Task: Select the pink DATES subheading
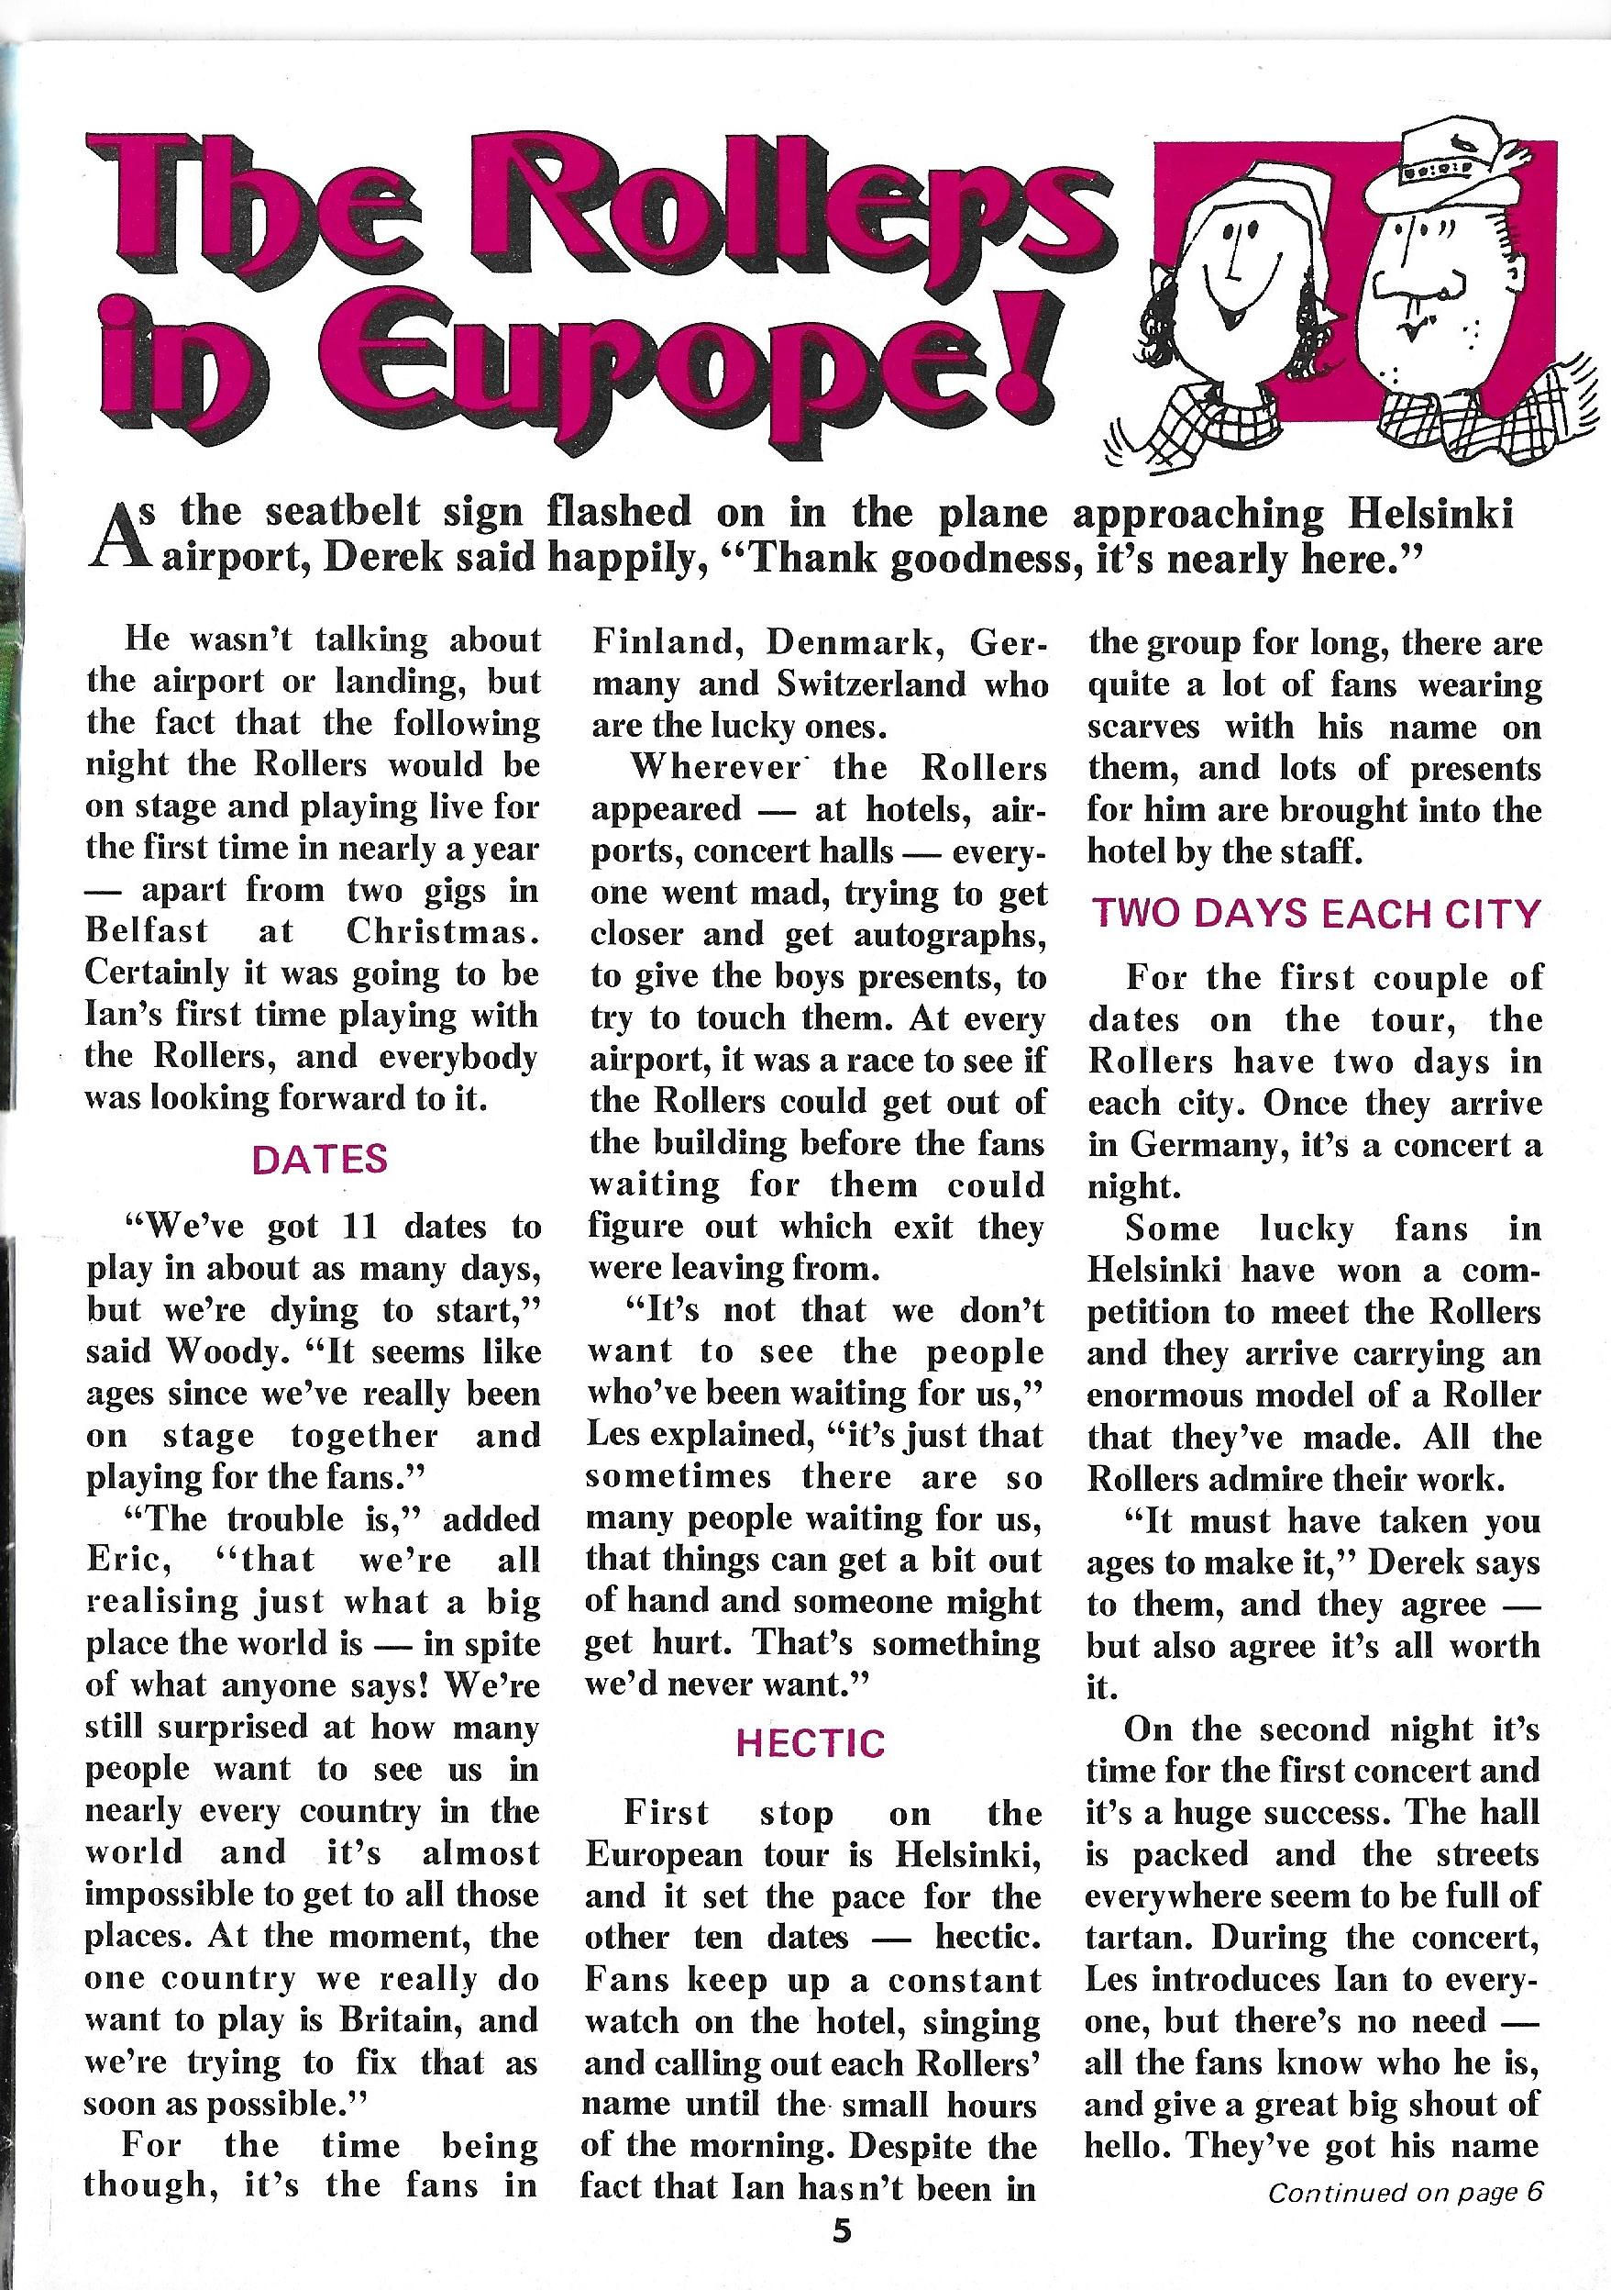[319, 1159]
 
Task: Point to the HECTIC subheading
[811, 1742]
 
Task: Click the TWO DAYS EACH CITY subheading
[1316, 914]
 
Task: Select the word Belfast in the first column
[147, 930]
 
